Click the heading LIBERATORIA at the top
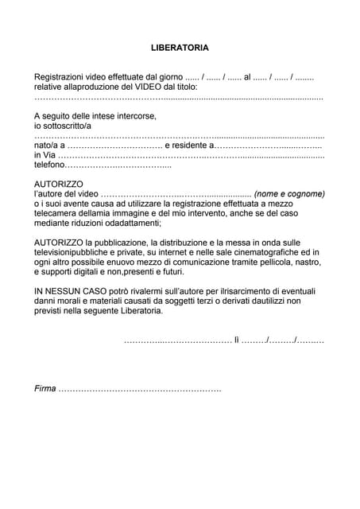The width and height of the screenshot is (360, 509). [180, 48]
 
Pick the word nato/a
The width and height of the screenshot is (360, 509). [46, 146]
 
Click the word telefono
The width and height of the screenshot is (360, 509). [48, 165]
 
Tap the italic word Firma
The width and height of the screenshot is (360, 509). [45, 389]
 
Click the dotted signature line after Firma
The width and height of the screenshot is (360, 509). [141, 389]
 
